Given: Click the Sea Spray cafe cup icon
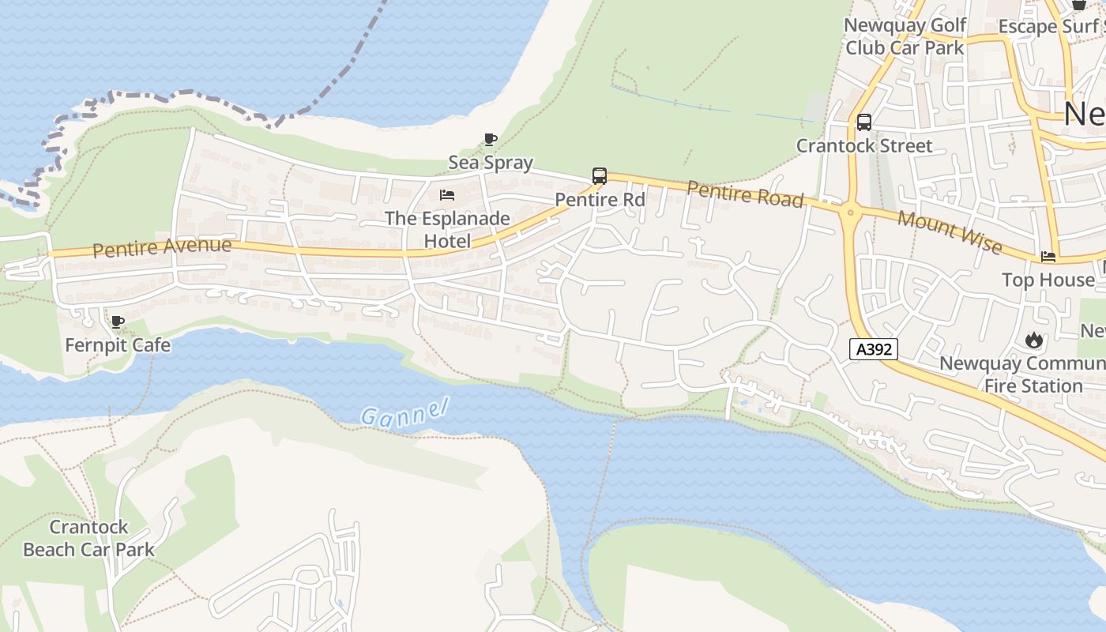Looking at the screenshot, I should tap(491, 140).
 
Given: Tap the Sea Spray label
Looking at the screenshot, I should tap(491, 163).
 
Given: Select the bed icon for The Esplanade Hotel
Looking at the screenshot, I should tap(447, 194).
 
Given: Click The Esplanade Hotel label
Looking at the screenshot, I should tap(447, 229).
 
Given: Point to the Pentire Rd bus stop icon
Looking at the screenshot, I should tap(600, 176).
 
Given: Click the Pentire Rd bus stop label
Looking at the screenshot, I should tap(600, 199).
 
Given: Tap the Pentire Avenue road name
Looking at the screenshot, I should tap(162, 247).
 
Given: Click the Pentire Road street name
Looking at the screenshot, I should tap(745, 194).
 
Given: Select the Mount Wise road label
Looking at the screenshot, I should tap(950, 232).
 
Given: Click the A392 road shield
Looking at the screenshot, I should tap(874, 349).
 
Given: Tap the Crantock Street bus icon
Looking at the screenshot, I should tap(864, 122).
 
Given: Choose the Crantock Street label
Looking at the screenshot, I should tap(864, 145).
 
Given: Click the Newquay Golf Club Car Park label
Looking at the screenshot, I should tap(905, 36).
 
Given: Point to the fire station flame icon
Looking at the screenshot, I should tap(1033, 340).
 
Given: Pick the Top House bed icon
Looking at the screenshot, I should tap(1048, 257).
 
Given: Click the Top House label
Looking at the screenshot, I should tap(1048, 280).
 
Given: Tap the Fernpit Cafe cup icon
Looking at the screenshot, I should tap(117, 322).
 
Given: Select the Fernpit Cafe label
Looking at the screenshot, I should tap(117, 345).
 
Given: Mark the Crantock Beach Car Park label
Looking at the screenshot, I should tap(88, 538).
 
